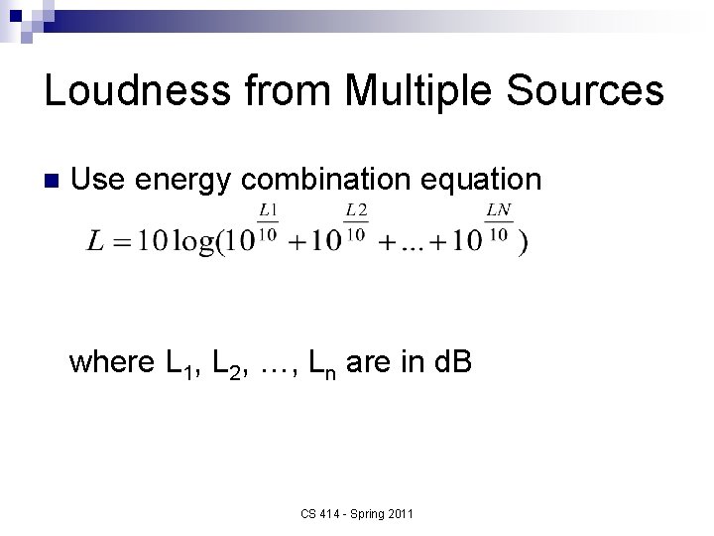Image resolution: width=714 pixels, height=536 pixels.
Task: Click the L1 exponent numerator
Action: pyautogui.click(x=268, y=210)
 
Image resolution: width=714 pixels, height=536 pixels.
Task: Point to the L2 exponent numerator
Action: pyautogui.click(x=356, y=210)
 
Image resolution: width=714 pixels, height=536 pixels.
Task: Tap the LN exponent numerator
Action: pyautogui.click(x=499, y=210)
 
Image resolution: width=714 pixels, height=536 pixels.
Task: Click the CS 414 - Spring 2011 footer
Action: pyautogui.click(x=356, y=513)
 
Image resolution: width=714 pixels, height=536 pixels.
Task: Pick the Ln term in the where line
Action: pyautogui.click(x=319, y=366)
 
